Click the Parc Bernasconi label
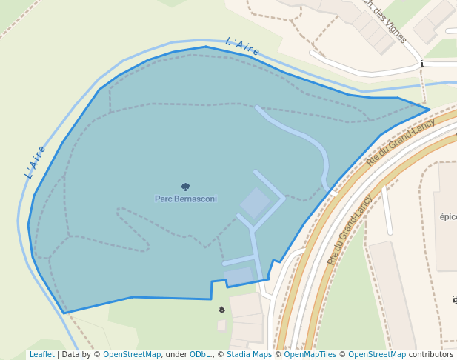point(186,199)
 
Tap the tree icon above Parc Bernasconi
point(185,187)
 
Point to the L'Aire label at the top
point(242,47)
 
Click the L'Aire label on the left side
point(36,161)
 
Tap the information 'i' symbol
point(421,64)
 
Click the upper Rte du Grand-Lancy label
point(400,141)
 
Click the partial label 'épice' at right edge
point(447,217)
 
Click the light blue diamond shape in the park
point(255,203)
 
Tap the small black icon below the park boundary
point(221,308)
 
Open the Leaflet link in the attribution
point(42,354)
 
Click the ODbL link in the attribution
point(200,354)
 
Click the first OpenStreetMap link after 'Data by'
point(132,354)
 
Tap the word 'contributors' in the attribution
point(431,354)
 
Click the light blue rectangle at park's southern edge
point(239,276)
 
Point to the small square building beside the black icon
point(221,325)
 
